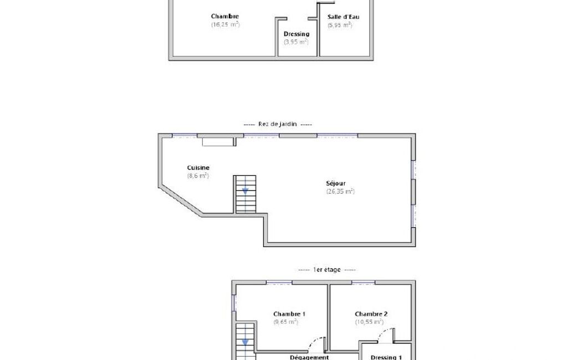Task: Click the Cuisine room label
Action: point(198,168)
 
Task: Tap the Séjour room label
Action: point(336,183)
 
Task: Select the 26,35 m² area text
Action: point(340,191)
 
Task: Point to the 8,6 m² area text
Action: point(198,176)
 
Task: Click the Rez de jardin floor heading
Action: point(278,124)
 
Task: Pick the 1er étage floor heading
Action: point(327,270)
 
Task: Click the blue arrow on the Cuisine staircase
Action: point(245,191)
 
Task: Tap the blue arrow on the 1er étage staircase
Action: point(245,342)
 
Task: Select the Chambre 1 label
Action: point(289,314)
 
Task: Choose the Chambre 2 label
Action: point(371,314)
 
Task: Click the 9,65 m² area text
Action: point(286,322)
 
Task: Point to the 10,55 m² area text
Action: point(369,322)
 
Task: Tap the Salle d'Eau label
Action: point(344,17)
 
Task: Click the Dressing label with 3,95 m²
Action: point(296,34)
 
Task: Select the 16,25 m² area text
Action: point(226,24)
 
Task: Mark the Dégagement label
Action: point(309,357)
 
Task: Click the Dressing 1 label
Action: point(386,357)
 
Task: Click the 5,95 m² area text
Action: point(340,25)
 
